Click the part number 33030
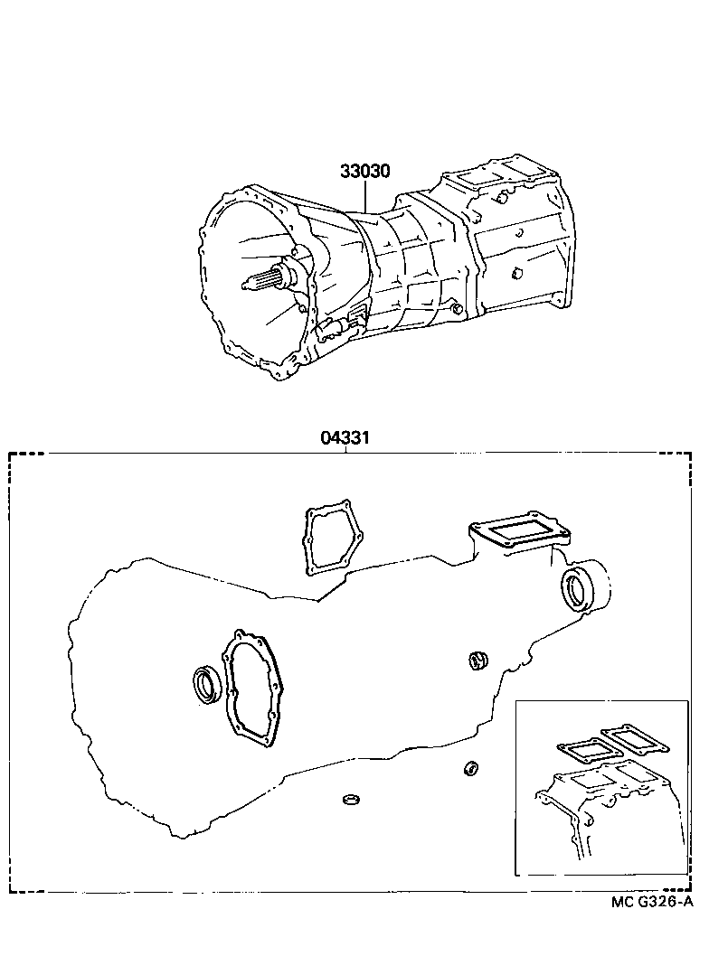(365, 171)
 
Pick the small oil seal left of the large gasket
(207, 683)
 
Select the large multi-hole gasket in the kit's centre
(252, 689)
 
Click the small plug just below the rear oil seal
(479, 661)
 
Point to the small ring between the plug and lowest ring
(470, 768)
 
